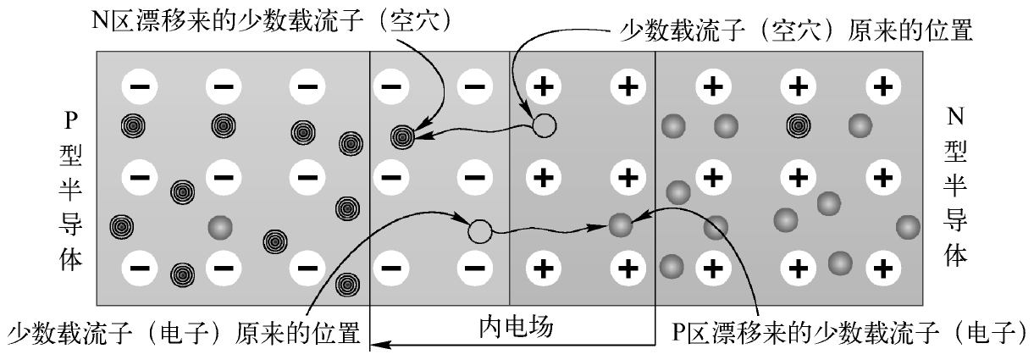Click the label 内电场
[512, 327]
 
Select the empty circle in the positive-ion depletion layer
[544, 126]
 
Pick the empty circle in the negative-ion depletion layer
[479, 229]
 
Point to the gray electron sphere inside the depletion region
[621, 225]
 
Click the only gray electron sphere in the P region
[220, 227]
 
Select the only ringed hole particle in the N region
[798, 126]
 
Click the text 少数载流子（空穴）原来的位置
[799, 34]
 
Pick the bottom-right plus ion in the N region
[882, 269]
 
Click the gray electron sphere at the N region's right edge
[908, 227]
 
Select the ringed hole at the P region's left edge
[123, 226]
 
